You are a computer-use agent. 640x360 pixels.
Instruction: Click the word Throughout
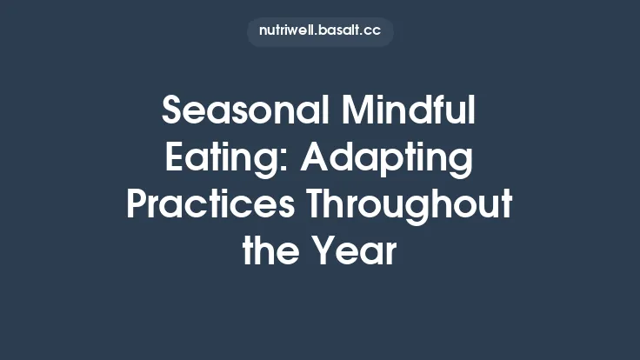[x=416, y=206]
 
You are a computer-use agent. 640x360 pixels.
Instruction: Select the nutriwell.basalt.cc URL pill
[x=320, y=31]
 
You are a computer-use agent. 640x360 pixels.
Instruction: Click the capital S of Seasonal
[x=173, y=112]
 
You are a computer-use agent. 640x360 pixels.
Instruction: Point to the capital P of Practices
[x=137, y=206]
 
